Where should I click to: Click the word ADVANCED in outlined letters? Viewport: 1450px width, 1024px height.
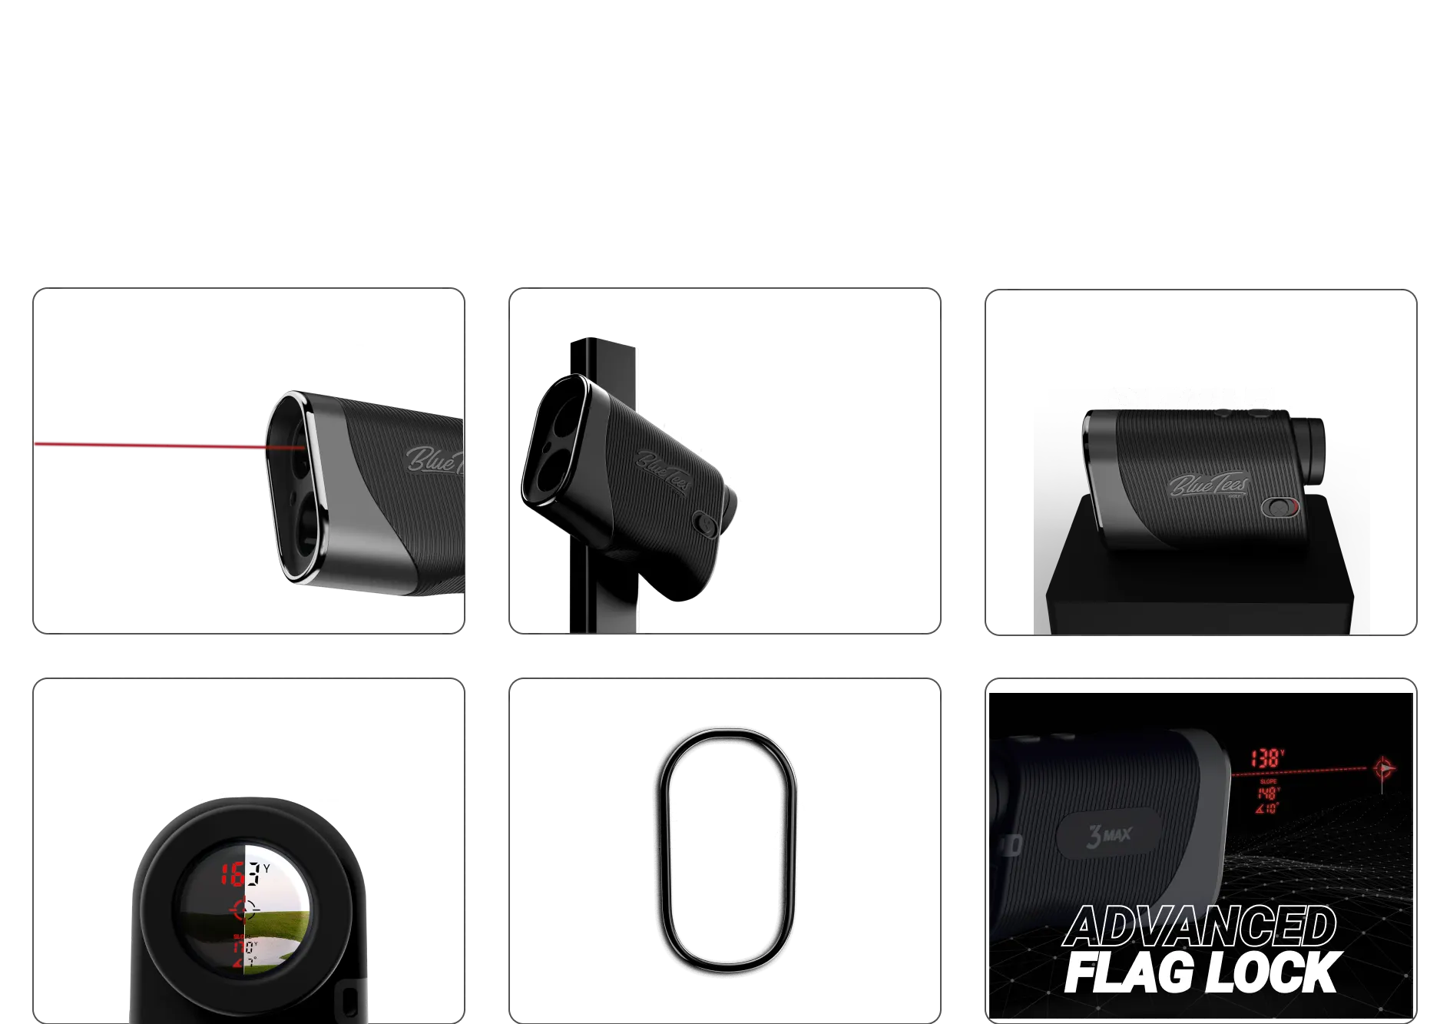pos(1200,926)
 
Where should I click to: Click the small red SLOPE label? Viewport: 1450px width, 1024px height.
pos(1268,781)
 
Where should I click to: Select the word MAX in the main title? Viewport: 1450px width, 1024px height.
pos(799,73)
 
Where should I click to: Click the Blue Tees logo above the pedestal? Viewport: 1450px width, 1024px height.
pos(1209,485)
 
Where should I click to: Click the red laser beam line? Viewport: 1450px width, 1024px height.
pos(154,444)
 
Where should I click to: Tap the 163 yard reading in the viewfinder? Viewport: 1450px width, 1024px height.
pos(237,873)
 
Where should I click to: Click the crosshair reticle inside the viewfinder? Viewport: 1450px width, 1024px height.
pos(245,910)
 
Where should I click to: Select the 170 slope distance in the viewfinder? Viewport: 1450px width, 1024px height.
pos(245,946)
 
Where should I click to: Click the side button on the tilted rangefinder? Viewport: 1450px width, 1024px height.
pos(703,523)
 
